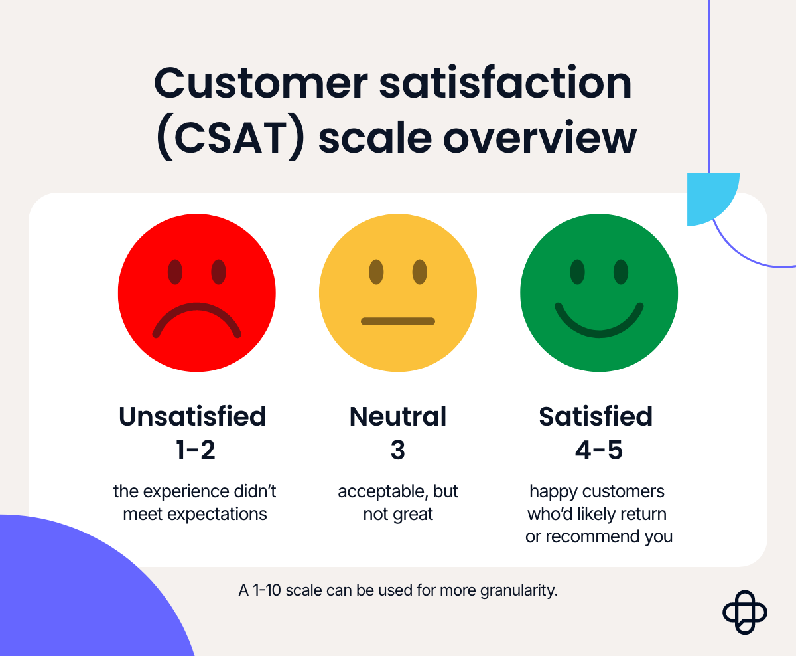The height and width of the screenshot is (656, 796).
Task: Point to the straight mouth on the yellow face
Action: (397, 321)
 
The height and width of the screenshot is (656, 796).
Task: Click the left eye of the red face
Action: (175, 272)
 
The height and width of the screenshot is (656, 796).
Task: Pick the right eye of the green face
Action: (620, 272)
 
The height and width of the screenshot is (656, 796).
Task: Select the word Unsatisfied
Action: (192, 417)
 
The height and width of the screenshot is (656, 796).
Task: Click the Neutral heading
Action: (398, 417)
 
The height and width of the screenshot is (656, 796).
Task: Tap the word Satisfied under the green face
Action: (596, 417)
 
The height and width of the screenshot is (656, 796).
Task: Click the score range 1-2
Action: (196, 451)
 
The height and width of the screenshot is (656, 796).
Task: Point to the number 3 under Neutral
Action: (398, 451)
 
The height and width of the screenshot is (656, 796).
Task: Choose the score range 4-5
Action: (598, 451)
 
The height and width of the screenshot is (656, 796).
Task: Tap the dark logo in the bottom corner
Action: (744, 612)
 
